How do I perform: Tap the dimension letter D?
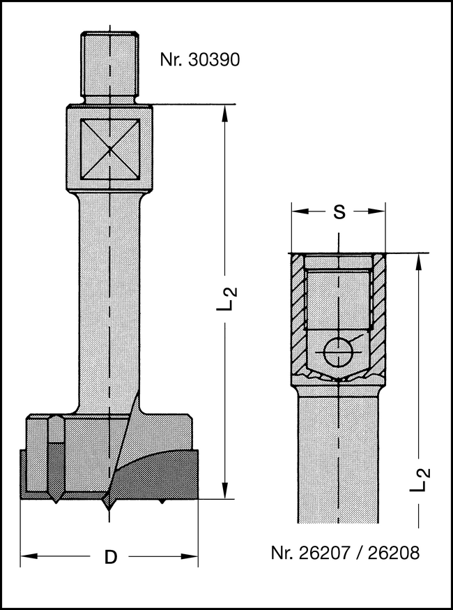tap(110, 557)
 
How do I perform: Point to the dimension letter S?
tap(339, 212)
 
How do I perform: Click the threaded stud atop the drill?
tap(109, 67)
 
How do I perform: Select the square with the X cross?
tap(110, 149)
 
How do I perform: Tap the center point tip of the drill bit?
tap(109, 506)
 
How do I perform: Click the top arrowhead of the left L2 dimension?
tap(224, 111)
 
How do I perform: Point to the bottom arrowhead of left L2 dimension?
tap(224, 492)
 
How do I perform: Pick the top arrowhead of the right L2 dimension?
tap(419, 260)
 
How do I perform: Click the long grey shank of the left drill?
tap(109, 300)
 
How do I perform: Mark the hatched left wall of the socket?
tap(298, 314)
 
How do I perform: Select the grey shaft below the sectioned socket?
tap(338, 454)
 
